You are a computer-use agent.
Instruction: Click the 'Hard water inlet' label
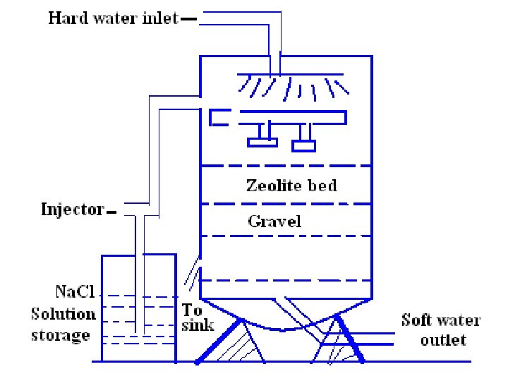(x=114, y=18)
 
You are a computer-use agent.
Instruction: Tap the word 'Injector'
(x=73, y=210)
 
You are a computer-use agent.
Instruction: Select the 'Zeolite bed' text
(x=291, y=186)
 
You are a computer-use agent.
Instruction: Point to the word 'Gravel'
(x=274, y=222)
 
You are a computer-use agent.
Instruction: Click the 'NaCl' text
(x=73, y=291)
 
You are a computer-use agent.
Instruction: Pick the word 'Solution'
(x=63, y=313)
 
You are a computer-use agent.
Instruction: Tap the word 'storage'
(x=61, y=334)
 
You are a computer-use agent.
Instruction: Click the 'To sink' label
(x=193, y=317)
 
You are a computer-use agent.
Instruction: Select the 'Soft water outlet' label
(x=441, y=329)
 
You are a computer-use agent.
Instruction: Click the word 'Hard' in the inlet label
(x=64, y=18)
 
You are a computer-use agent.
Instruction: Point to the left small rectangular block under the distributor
(x=262, y=143)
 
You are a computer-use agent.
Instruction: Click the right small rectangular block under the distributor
(x=304, y=145)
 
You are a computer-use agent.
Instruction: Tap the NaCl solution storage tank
(x=138, y=310)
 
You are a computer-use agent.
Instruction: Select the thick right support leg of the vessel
(x=351, y=339)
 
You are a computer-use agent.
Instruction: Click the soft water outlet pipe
(x=374, y=337)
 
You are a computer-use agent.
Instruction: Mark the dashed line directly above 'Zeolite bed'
(x=286, y=166)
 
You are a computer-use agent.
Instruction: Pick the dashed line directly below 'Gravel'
(x=286, y=236)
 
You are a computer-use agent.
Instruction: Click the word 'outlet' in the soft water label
(x=443, y=340)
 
